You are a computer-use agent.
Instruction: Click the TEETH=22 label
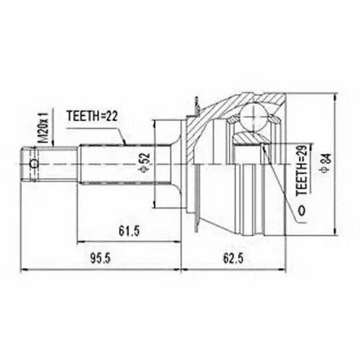(92, 117)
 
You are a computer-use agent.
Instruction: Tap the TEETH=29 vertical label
(301, 170)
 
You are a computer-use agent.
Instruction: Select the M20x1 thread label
(43, 128)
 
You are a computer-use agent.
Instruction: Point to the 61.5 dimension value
(129, 231)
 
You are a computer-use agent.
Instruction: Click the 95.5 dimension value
(100, 259)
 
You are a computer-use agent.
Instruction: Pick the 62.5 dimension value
(233, 258)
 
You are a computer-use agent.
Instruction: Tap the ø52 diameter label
(145, 163)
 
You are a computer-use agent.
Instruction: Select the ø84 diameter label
(327, 163)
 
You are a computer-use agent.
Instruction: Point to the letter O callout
(301, 211)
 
